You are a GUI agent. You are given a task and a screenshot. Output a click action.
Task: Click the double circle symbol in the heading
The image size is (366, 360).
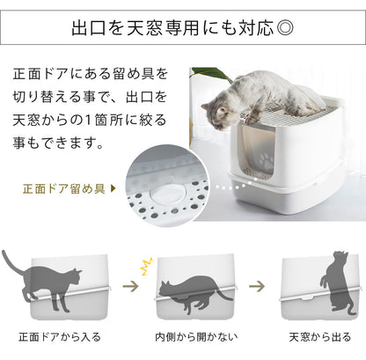pyautogui.click(x=285, y=28)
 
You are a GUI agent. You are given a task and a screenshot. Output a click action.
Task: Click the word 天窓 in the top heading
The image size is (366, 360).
pyautogui.click(x=144, y=28)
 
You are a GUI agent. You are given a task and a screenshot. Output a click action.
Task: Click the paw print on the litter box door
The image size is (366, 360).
pyautogui.click(x=267, y=162)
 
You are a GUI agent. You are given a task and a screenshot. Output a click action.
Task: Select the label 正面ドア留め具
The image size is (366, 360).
pyautogui.click(x=63, y=188)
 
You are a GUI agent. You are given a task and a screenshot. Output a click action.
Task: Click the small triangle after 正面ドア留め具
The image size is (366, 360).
pyautogui.click(x=113, y=188)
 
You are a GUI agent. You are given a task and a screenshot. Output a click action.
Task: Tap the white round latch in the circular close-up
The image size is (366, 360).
pyautogui.click(x=166, y=195)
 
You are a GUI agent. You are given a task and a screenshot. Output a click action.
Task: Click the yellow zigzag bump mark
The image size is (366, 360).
pyautogui.click(x=147, y=267)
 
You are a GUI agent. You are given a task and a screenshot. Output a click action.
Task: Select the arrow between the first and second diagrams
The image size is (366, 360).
pyautogui.click(x=130, y=286)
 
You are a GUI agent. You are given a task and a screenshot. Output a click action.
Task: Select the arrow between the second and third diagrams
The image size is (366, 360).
pyautogui.click(x=257, y=286)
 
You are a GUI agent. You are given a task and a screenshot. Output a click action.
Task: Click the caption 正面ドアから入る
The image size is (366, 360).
pyautogui.click(x=60, y=337)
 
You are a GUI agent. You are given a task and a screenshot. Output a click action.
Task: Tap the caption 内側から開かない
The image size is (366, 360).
pyautogui.click(x=196, y=337)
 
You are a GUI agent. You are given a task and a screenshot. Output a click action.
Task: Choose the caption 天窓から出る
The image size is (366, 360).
pyautogui.click(x=319, y=337)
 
